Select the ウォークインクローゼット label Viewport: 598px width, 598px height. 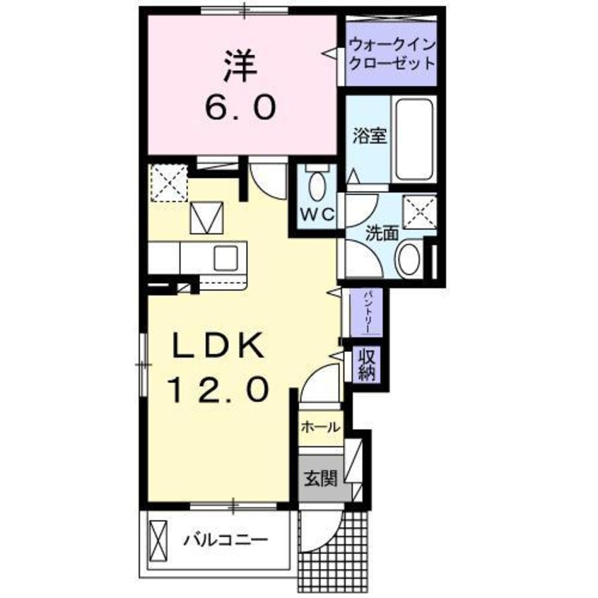point(391,54)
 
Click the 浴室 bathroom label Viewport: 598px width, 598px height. point(370,136)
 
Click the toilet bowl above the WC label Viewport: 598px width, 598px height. point(319,187)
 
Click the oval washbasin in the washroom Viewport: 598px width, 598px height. point(408,260)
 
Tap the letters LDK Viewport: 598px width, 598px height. point(220,346)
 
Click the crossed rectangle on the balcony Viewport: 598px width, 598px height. point(159,541)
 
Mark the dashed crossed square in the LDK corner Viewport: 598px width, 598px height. point(169,182)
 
